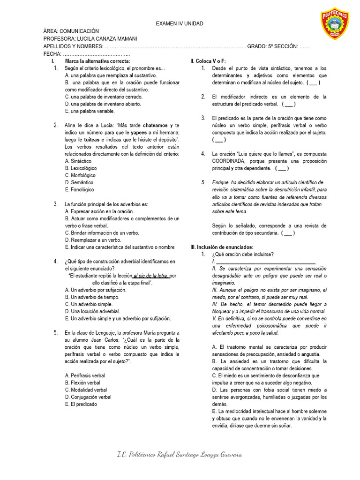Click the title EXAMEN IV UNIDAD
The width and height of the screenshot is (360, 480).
[180, 24]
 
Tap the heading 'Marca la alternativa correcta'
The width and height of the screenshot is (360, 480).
[97, 61]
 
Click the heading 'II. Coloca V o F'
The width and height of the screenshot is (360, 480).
[208, 61]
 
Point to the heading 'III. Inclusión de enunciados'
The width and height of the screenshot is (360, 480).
[221, 247]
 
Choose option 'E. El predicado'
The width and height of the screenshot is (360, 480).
[81, 404]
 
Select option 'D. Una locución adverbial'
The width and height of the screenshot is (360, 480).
[92, 311]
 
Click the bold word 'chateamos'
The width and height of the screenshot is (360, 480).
[156, 126]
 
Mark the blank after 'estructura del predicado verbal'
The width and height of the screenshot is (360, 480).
[288, 104]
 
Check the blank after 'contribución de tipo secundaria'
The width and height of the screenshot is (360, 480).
[288, 232]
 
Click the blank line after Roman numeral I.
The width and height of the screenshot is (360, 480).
[265, 261]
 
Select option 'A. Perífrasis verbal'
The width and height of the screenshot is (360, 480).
[85, 375]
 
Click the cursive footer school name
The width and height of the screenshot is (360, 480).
[180, 455]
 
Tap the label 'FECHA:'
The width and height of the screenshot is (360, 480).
[52, 54]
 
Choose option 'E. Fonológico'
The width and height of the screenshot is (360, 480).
[80, 190]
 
